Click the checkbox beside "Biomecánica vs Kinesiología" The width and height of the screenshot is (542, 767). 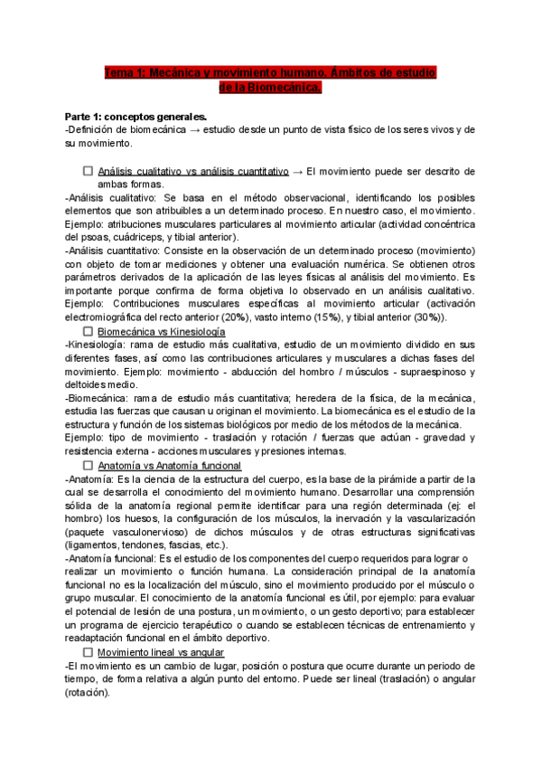[88, 331]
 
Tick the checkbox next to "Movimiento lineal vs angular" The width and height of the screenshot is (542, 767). [88, 652]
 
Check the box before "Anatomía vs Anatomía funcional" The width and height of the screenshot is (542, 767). [88, 465]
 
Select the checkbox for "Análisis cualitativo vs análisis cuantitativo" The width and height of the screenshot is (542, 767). [88, 170]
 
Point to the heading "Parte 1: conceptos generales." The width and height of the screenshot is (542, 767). [136, 117]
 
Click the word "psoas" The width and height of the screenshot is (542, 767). [99, 237]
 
